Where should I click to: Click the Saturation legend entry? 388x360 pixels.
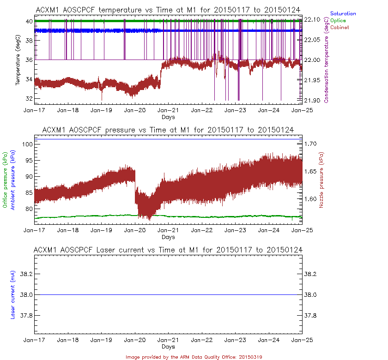pyautogui.click(x=343, y=14)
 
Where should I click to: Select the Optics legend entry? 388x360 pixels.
pyautogui.click(x=339, y=21)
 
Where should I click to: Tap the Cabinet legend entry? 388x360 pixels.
pyautogui.click(x=339, y=27)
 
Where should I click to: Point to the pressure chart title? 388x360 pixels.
pyautogui.click(x=169, y=130)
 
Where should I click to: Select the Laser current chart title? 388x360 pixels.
pyautogui.click(x=169, y=250)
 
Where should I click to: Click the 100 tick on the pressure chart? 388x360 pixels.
pyautogui.click(x=26, y=144)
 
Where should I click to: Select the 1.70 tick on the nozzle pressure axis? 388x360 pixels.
pyautogui.click(x=312, y=144)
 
